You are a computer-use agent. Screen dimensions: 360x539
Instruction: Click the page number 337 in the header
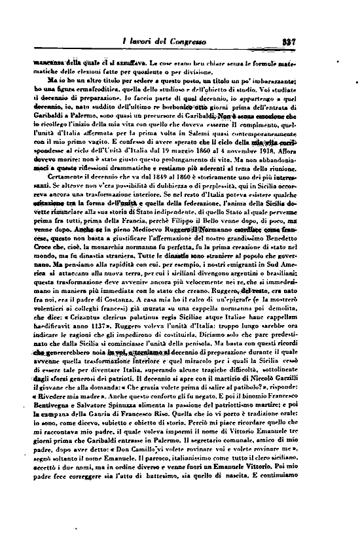click(334, 44)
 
